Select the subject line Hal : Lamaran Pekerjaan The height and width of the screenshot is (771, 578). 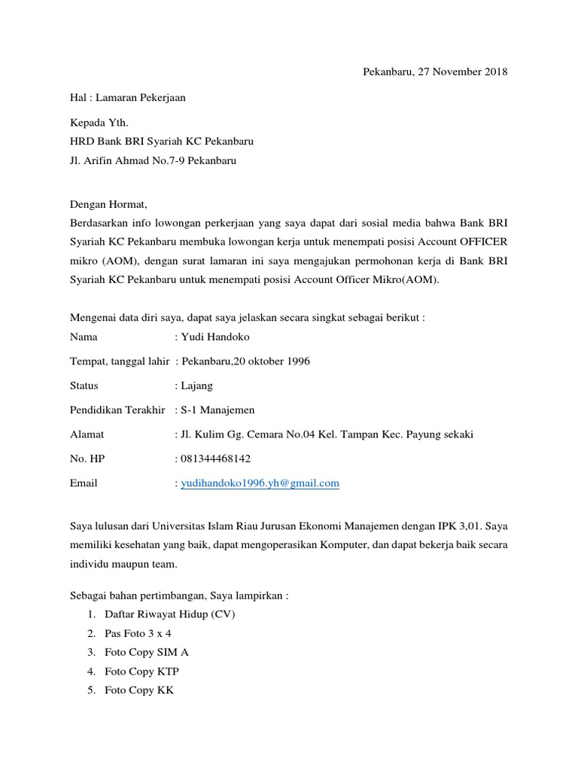pos(127,97)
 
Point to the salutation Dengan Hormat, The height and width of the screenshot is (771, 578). pos(109,204)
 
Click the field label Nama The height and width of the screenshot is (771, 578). pos(84,337)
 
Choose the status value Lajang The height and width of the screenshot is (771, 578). pos(197,385)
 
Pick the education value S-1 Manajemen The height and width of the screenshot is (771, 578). pos(218,410)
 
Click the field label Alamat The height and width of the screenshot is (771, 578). pos(87,434)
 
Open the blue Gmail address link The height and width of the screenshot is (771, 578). pos(260,483)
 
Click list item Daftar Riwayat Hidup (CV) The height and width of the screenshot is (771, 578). pos(170,614)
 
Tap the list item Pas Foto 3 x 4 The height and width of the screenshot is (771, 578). pos(138,633)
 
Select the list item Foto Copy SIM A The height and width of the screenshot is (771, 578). pos(146,653)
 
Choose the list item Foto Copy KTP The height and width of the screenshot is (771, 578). pos(142,672)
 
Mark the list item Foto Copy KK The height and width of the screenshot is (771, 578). pos(139,690)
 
